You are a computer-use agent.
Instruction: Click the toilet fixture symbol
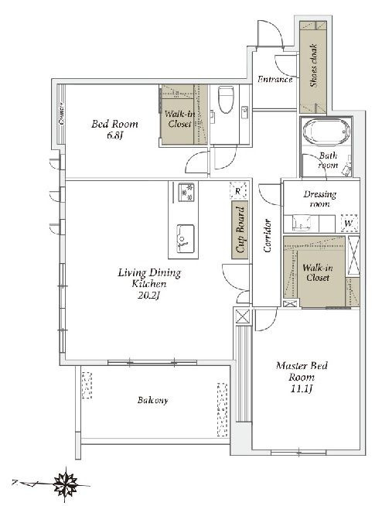pyautogui.click(x=226, y=99)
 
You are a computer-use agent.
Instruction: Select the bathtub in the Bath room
pyautogui.click(x=326, y=132)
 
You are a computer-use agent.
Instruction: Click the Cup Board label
pyautogui.click(x=240, y=230)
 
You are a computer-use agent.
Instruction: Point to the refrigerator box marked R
pyautogui.click(x=238, y=190)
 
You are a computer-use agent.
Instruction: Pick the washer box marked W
pyautogui.click(x=350, y=223)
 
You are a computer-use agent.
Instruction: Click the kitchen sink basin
pyautogui.click(x=185, y=238)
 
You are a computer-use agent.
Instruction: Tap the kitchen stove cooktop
pyautogui.click(x=186, y=193)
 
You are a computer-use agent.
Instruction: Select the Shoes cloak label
pyautogui.click(x=314, y=66)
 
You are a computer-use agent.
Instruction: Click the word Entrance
pyautogui.click(x=275, y=79)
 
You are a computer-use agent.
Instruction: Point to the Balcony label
pyautogui.click(x=152, y=400)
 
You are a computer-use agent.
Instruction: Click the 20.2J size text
pyautogui.click(x=148, y=296)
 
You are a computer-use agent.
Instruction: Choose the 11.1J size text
pyautogui.click(x=302, y=389)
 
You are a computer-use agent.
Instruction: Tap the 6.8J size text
pyautogui.click(x=114, y=135)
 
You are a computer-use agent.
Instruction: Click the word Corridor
pyautogui.click(x=268, y=235)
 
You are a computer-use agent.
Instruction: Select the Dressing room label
pyautogui.click(x=319, y=199)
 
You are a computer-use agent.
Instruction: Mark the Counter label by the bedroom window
pyautogui.click(x=61, y=114)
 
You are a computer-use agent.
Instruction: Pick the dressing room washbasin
pyautogui.click(x=301, y=223)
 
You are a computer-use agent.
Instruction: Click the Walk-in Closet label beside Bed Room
pyautogui.click(x=180, y=119)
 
